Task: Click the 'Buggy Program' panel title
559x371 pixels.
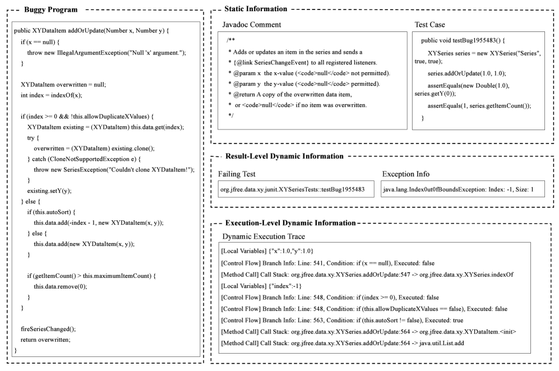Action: pos(48,10)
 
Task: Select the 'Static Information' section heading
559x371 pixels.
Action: pos(256,10)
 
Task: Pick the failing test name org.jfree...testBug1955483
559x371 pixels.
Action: pos(292,191)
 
